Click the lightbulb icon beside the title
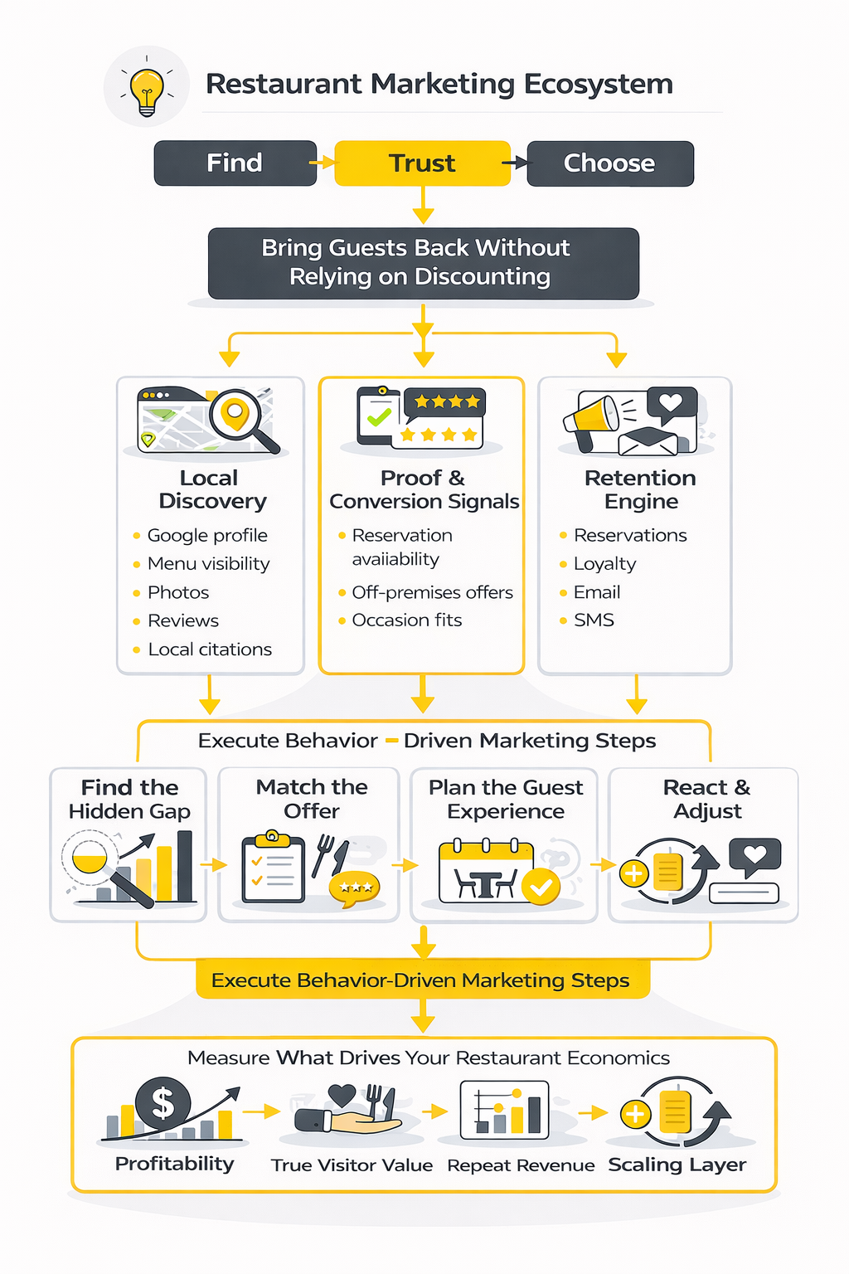click(147, 87)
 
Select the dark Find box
click(235, 163)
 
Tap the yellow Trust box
click(422, 163)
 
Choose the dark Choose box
click(609, 163)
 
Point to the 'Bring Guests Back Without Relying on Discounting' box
click(423, 262)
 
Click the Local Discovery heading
click(211, 489)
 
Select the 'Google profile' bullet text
click(207, 535)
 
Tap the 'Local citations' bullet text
click(210, 649)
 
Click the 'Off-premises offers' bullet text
click(432, 592)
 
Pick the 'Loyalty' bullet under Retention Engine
click(604, 564)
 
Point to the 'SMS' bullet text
click(594, 620)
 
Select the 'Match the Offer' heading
click(312, 799)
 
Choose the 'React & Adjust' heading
click(706, 799)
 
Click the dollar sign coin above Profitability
click(163, 1103)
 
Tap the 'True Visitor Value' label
click(352, 1165)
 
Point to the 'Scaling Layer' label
click(677, 1165)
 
